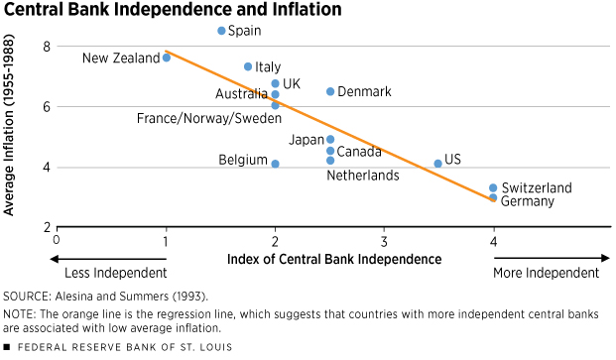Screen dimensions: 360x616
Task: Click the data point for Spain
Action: pyautogui.click(x=221, y=31)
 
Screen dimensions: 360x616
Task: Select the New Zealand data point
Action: pyautogui.click(x=167, y=58)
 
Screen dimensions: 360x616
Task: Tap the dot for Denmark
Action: pyautogui.click(x=330, y=91)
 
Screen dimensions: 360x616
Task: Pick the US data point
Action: pyautogui.click(x=437, y=164)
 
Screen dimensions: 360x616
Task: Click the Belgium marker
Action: pyautogui.click(x=275, y=164)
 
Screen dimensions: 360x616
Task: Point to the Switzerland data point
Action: pyautogui.click(x=493, y=187)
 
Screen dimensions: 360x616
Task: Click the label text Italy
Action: pyautogui.click(x=268, y=67)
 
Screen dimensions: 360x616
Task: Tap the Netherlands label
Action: pyautogui.click(x=363, y=176)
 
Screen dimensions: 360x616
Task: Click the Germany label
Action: pyautogui.click(x=528, y=201)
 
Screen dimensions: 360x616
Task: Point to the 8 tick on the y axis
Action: pyautogui.click(x=46, y=47)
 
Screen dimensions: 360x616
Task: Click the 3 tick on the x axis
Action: pyautogui.click(x=384, y=239)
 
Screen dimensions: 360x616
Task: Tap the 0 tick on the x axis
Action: pyautogui.click(x=57, y=239)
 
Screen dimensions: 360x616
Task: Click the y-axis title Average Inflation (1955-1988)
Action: pyautogui.click(x=12, y=135)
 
